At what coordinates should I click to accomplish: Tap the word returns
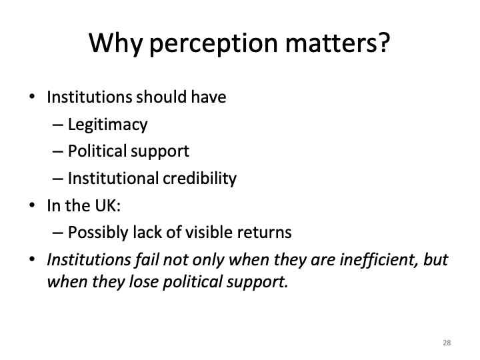(268, 233)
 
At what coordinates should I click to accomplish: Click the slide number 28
(446, 343)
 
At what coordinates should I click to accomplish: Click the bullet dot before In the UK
(33, 205)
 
